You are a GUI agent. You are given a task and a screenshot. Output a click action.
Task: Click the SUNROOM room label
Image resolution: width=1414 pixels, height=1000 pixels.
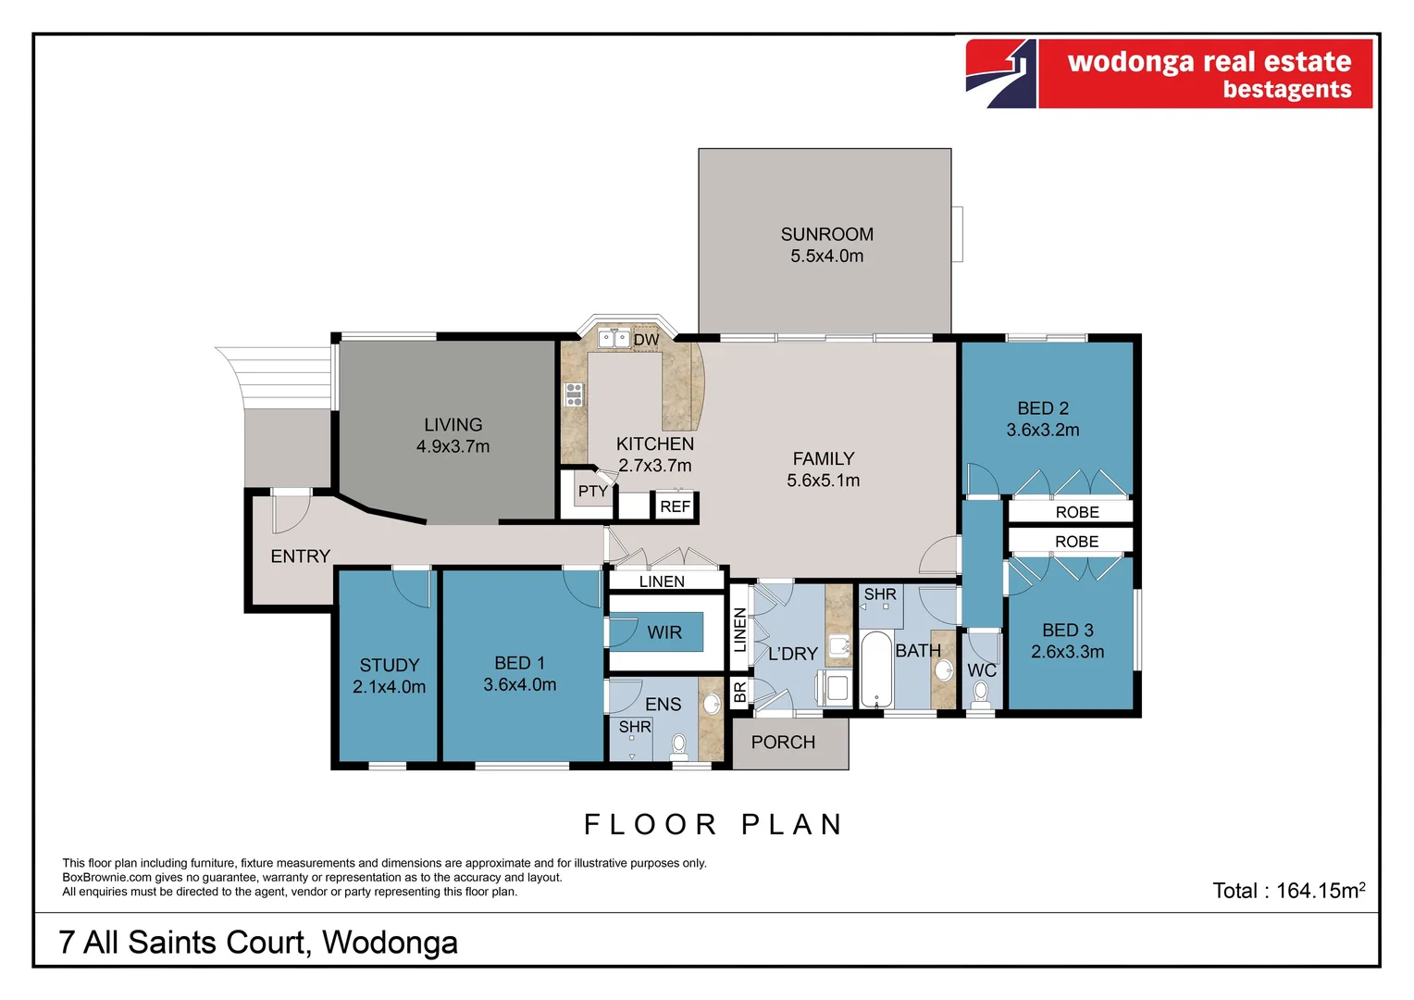click(826, 235)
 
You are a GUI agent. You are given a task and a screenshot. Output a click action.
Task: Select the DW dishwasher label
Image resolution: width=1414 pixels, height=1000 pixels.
click(646, 340)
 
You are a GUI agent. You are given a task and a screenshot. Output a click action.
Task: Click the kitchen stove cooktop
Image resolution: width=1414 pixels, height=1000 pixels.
click(575, 394)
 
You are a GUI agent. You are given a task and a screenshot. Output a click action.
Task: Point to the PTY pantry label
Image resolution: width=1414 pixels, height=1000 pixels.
click(592, 492)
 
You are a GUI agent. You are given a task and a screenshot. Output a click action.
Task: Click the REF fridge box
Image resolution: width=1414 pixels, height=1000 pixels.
click(675, 506)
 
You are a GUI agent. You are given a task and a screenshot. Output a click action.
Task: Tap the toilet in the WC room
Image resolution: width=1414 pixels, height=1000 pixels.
click(981, 692)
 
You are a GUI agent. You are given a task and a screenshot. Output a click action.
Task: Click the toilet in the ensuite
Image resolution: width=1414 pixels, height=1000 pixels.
click(679, 744)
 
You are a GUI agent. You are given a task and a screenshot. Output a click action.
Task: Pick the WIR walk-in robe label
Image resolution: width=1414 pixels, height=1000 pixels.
click(664, 632)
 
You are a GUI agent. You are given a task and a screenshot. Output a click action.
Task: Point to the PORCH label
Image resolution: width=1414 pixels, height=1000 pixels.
click(783, 743)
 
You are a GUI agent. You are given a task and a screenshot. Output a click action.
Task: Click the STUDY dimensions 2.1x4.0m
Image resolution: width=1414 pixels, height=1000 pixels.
click(389, 687)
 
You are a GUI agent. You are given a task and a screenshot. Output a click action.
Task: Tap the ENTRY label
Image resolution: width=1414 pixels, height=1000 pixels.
click(300, 556)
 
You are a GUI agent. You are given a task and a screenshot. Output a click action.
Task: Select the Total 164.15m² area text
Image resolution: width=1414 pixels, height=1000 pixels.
click(1288, 891)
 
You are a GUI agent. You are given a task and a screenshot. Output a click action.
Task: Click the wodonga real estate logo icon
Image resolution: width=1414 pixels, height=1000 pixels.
click(1000, 74)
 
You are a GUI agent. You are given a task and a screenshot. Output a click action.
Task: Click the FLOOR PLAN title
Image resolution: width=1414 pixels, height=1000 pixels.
click(713, 824)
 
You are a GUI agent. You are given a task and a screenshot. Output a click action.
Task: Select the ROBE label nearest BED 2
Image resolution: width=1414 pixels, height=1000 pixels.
click(1077, 512)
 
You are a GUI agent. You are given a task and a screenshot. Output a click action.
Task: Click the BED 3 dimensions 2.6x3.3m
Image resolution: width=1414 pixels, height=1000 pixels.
click(1067, 652)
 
